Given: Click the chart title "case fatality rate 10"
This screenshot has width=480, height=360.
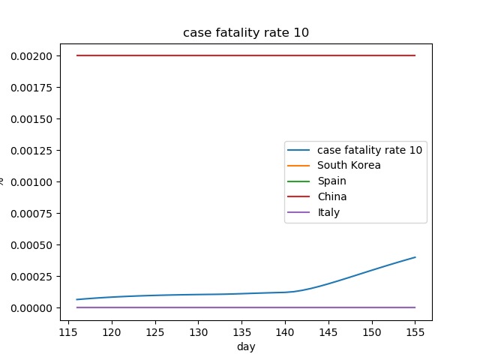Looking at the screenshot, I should pos(246,33).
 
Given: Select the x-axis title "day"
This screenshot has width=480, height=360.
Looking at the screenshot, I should pos(246,346).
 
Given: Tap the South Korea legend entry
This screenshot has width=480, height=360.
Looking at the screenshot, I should pos(349,165).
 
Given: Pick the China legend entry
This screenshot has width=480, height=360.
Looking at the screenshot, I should pos(331,196).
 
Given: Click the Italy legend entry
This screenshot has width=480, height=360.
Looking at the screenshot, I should pos(328,212).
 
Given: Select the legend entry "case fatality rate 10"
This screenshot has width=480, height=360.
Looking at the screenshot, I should pos(369,149).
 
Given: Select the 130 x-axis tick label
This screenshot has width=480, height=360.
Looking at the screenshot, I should pos(199,331).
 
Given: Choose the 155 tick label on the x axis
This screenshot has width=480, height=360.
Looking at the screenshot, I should pos(415,331).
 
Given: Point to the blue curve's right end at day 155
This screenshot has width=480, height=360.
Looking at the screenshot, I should pos(415,257).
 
